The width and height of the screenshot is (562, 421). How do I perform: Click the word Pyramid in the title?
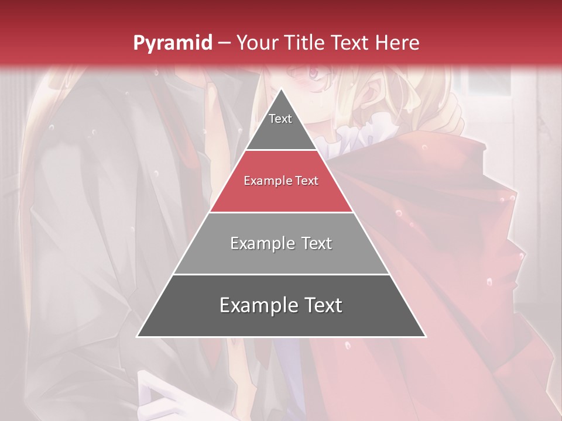click(172, 43)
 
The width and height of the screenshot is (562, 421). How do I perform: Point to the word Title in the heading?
click(307, 43)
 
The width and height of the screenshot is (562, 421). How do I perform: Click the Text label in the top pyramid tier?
click(280, 119)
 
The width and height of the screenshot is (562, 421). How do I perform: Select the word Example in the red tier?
click(266, 181)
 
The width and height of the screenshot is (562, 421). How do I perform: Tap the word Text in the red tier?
click(306, 181)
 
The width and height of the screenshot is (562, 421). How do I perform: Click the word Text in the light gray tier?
click(316, 243)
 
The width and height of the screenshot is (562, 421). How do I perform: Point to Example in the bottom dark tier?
click(258, 305)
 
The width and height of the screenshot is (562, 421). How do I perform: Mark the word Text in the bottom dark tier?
click(321, 305)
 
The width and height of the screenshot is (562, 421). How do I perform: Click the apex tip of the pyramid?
click(281, 89)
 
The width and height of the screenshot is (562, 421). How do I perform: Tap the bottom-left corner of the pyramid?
click(137, 336)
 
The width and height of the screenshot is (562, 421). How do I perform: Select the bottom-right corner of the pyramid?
click(426, 336)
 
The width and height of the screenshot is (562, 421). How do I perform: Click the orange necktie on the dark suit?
click(213, 117)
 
